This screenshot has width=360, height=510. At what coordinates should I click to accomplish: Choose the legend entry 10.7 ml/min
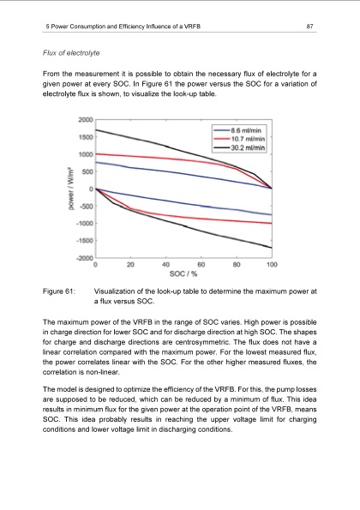(x=251, y=138)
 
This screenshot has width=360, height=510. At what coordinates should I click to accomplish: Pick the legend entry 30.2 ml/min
(x=251, y=147)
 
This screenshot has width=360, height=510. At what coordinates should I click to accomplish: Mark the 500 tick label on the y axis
(x=86, y=171)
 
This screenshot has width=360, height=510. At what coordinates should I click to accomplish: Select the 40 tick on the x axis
(x=165, y=265)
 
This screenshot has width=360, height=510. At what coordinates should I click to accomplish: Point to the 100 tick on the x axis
(x=271, y=265)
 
